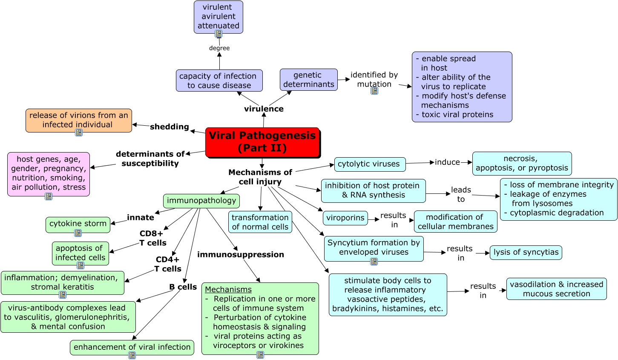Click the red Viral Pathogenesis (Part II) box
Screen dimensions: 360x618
(262, 142)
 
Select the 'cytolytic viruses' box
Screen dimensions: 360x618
(369, 164)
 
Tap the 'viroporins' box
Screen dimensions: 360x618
(345, 218)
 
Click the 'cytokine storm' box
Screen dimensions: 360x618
(78, 224)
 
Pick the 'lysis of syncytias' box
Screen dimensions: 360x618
(526, 252)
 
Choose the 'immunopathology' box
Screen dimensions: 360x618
(201, 201)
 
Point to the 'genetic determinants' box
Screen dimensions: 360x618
(308, 80)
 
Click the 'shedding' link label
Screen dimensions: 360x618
(169, 127)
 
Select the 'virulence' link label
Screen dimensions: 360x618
(264, 109)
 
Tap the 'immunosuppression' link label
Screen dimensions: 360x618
(240, 254)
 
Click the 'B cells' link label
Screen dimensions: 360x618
(183, 287)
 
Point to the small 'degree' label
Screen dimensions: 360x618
(219, 48)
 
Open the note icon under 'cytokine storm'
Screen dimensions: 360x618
(78, 233)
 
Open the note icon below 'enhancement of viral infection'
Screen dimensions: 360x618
(132, 355)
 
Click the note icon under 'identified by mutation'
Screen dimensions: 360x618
(374, 90)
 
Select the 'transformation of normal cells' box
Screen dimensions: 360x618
(260, 222)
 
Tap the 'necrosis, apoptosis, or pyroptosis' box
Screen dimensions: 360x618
(522, 164)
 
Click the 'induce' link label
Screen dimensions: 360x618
(447, 162)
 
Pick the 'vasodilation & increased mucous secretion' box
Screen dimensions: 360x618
(556, 289)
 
